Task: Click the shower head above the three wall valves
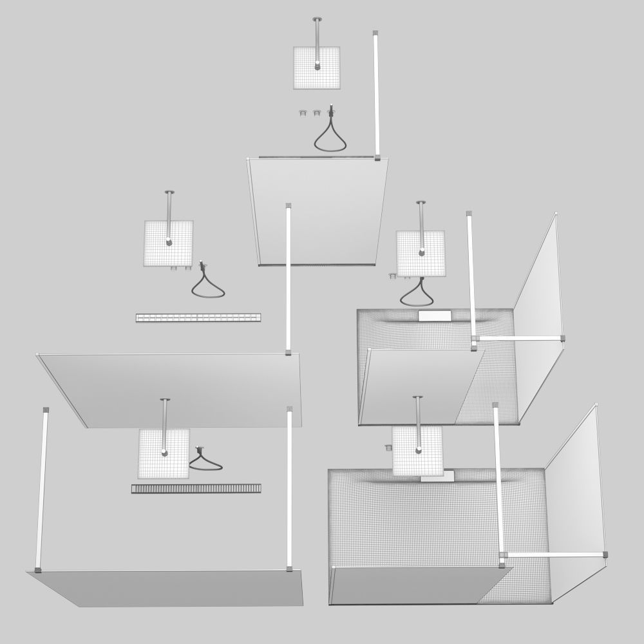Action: pyautogui.click(x=316, y=68)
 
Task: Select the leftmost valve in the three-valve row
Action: pyautogui.click(x=301, y=113)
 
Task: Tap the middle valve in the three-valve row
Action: pyautogui.click(x=316, y=113)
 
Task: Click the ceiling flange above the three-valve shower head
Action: pyautogui.click(x=317, y=19)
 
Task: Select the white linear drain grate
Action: pyautogui.click(x=198, y=317)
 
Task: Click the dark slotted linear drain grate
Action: pyautogui.click(x=196, y=489)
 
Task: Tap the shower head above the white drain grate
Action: pyautogui.click(x=169, y=243)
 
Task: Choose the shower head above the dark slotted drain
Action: pyautogui.click(x=164, y=453)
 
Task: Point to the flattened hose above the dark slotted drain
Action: pyautogui.click(x=205, y=462)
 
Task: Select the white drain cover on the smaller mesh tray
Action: pyautogui.click(x=435, y=316)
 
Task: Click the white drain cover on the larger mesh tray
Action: pyautogui.click(x=438, y=477)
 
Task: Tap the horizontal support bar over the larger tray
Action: pyautogui.click(x=554, y=554)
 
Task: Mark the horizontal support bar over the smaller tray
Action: pyautogui.click(x=519, y=337)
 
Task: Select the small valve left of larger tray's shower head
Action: pyautogui.click(x=389, y=447)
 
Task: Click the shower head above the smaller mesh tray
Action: pyautogui.click(x=421, y=253)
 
